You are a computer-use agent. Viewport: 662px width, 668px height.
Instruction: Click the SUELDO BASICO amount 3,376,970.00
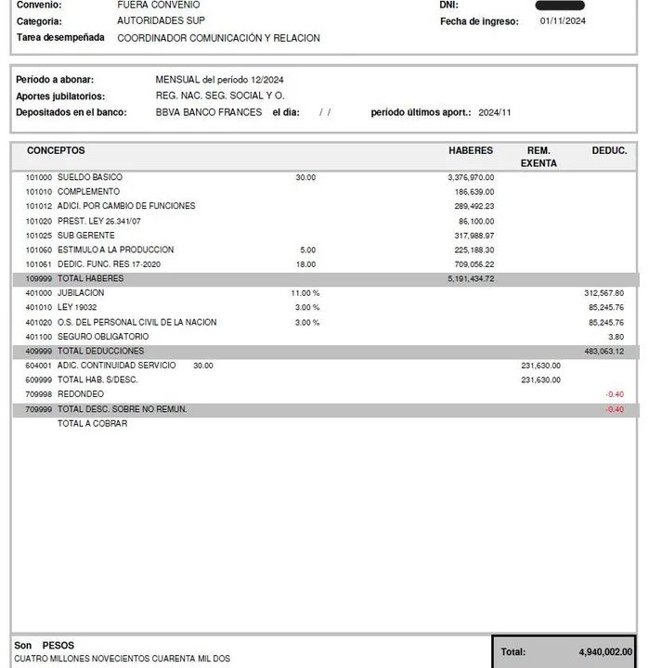(x=471, y=177)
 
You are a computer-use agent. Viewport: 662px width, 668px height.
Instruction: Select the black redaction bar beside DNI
(x=561, y=6)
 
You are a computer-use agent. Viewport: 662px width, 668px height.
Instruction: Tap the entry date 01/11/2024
(x=563, y=20)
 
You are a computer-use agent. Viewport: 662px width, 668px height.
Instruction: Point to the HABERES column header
(x=471, y=150)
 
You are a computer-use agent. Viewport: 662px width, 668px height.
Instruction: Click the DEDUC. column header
(x=609, y=150)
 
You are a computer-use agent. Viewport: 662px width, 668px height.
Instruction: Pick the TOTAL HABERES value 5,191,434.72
(x=471, y=278)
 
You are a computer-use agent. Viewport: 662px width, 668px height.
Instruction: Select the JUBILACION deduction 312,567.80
(x=604, y=293)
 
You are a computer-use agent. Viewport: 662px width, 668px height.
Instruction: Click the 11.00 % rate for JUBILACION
(x=305, y=293)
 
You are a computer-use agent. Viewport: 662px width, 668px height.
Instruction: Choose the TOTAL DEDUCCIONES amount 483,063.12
(x=604, y=352)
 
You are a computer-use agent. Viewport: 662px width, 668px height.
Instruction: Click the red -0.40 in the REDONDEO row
(x=614, y=394)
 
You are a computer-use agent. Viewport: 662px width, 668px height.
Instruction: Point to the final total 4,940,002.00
(x=605, y=652)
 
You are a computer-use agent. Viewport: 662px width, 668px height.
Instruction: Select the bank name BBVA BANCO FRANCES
(x=209, y=112)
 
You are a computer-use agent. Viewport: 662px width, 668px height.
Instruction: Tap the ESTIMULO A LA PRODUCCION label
(x=115, y=250)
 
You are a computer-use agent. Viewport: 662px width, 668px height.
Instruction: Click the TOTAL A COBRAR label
(x=92, y=424)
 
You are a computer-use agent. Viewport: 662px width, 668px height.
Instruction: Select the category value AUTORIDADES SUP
(x=161, y=20)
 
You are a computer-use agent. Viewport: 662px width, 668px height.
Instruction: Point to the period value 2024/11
(x=495, y=112)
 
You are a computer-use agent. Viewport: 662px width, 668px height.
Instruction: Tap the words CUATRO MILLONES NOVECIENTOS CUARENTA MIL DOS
(x=122, y=659)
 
